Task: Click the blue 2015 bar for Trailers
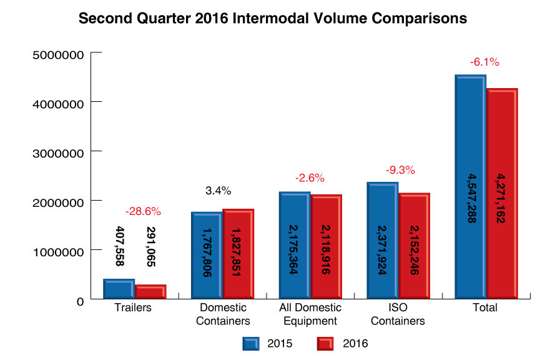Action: (119, 289)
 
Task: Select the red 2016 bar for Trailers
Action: (150, 292)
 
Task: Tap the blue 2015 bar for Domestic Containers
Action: (207, 256)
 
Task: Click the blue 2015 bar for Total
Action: (470, 187)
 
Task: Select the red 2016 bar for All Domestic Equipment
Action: (326, 247)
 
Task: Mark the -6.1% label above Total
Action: (485, 62)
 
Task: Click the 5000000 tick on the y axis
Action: (57, 54)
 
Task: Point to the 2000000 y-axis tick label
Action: (57, 202)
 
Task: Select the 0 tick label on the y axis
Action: (80, 301)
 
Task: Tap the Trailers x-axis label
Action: (134, 308)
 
